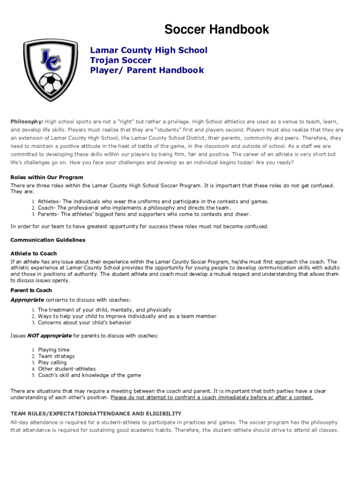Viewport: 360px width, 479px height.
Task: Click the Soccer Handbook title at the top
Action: (216, 30)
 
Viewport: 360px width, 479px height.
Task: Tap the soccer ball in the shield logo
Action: (50, 83)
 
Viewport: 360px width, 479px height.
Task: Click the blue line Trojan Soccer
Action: (121, 60)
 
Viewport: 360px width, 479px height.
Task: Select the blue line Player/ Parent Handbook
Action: (147, 71)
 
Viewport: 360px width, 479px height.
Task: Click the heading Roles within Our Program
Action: (47, 178)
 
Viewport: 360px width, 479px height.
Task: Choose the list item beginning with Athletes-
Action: (153, 202)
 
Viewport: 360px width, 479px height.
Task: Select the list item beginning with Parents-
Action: (144, 214)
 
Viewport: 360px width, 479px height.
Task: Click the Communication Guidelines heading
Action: (48, 240)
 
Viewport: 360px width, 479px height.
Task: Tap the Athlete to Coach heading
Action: (34, 254)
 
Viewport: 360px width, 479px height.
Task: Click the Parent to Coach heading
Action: (31, 290)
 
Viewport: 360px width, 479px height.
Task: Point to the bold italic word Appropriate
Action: (27, 300)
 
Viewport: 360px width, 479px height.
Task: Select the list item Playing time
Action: (54, 350)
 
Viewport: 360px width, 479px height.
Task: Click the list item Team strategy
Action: (56, 356)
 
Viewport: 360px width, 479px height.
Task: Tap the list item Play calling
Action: (52, 363)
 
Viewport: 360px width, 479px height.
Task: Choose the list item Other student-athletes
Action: (66, 369)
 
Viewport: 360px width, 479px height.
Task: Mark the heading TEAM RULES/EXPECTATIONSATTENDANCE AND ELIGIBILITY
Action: (96, 414)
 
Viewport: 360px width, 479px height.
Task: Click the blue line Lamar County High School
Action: (149, 50)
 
